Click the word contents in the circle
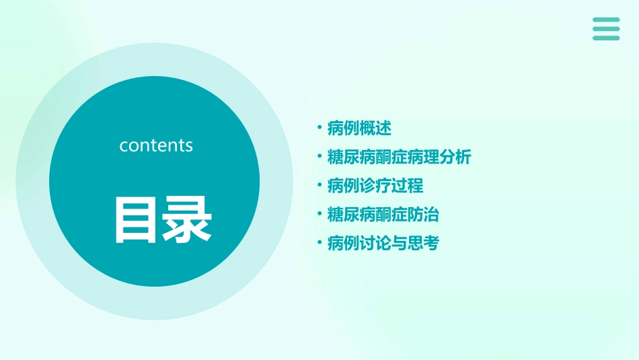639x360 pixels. coord(156,145)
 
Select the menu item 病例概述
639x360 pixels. coord(359,128)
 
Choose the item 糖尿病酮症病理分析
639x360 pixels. coord(399,157)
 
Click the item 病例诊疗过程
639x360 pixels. coord(375,186)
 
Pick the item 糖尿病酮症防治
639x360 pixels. coord(383,215)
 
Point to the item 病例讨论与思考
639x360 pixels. coord(383,243)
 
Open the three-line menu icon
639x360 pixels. coord(606,29)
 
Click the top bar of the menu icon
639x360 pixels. coord(606,20)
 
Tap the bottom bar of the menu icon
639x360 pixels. coord(606,38)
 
